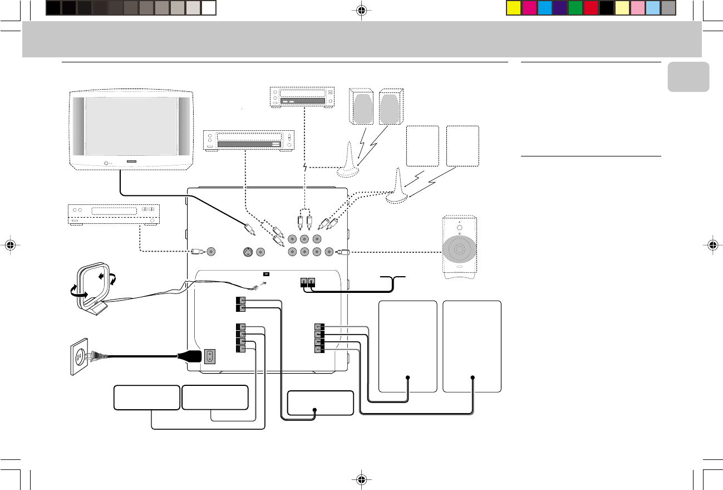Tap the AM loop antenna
tap(92, 285)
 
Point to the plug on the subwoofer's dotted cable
tap(345, 252)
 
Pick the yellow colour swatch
tap(514, 8)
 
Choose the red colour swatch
tap(591, 8)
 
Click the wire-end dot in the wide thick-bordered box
tap(315, 410)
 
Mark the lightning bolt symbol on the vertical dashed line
tap(305, 167)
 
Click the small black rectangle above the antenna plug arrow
tap(266, 274)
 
